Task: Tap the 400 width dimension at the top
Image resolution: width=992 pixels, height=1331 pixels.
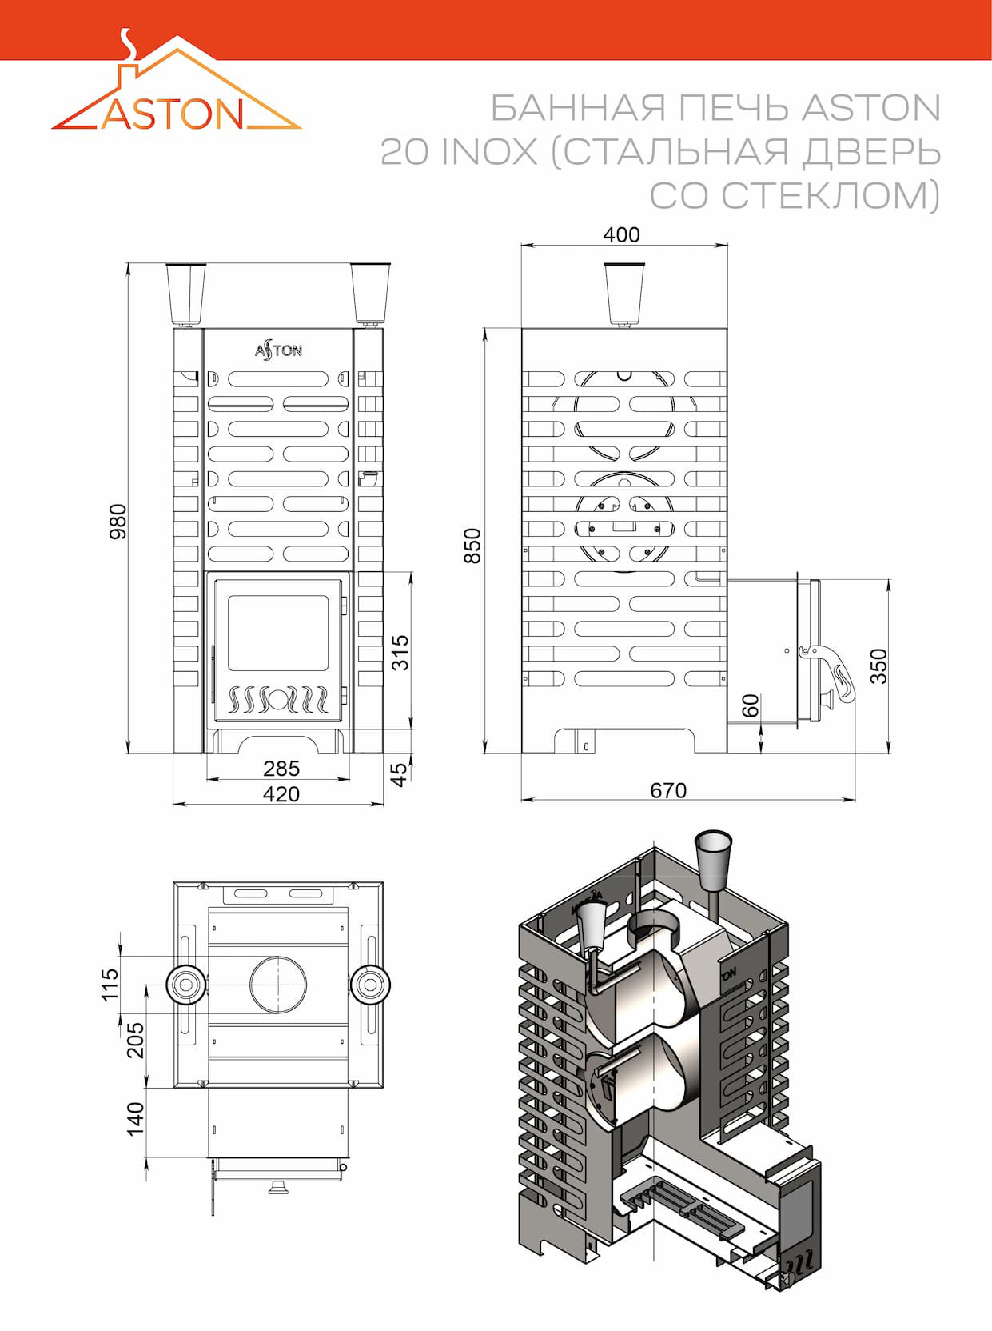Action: [x=622, y=234]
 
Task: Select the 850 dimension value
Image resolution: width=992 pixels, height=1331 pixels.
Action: [x=472, y=546]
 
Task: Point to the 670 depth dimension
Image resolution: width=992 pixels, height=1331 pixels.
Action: [x=668, y=791]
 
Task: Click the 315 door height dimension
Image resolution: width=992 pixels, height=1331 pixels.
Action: [x=400, y=653]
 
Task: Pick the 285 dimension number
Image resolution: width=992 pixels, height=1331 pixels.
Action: [x=281, y=769]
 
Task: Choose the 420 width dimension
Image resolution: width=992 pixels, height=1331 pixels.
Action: [x=281, y=794]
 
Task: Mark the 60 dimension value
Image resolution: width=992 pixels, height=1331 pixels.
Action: [x=751, y=705]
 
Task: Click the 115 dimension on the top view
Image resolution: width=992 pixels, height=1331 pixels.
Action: [x=111, y=985]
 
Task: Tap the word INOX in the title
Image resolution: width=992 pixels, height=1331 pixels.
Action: [x=490, y=152]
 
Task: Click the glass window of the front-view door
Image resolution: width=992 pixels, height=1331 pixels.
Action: [x=277, y=633]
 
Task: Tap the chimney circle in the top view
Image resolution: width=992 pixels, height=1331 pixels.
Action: [x=278, y=985]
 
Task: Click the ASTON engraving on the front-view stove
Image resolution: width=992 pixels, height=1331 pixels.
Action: [x=278, y=350]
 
